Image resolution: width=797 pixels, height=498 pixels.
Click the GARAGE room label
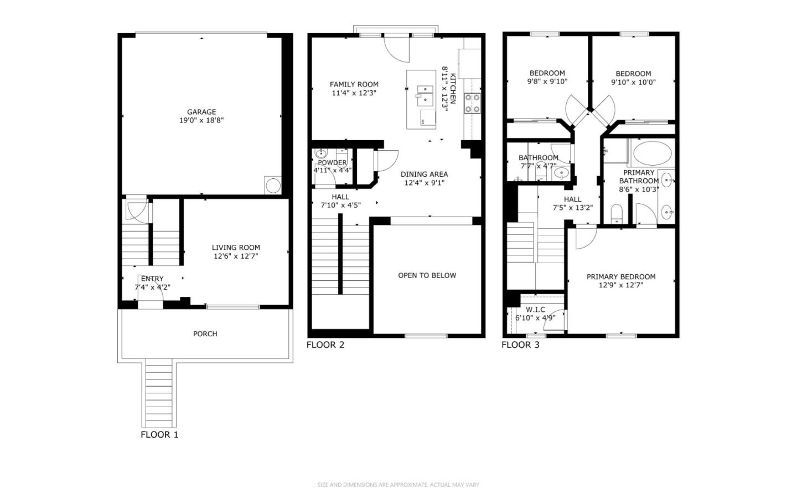click(x=201, y=112)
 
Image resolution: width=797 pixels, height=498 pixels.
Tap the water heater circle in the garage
click(x=273, y=186)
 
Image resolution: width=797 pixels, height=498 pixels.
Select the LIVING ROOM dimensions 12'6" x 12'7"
click(x=236, y=256)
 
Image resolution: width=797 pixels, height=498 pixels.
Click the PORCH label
click(x=205, y=333)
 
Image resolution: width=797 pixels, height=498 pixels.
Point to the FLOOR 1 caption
click(x=159, y=434)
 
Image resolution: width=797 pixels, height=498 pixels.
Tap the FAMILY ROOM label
click(x=354, y=85)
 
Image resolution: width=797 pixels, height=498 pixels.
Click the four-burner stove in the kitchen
click(x=472, y=104)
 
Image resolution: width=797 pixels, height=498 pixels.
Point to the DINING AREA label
click(x=424, y=174)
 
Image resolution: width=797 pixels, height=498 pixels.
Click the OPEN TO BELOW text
click(x=427, y=275)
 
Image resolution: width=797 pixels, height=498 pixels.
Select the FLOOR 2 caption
click(x=325, y=345)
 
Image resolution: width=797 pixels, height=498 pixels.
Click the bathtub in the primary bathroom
click(x=652, y=153)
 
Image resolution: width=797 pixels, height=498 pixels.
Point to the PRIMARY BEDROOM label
click(x=621, y=276)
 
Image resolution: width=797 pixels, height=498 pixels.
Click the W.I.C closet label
click(x=535, y=310)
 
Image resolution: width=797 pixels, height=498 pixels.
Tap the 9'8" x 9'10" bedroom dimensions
click(x=547, y=81)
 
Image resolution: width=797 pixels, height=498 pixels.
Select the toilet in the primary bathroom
click(x=617, y=213)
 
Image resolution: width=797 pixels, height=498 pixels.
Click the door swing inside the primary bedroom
click(x=584, y=238)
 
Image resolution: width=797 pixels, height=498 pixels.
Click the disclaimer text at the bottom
click(x=398, y=485)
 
